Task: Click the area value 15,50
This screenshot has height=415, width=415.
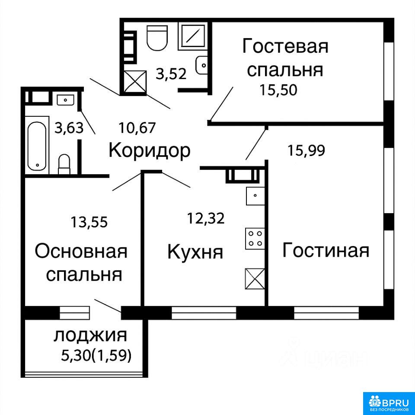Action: click(x=278, y=90)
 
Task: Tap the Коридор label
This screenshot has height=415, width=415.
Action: click(x=150, y=151)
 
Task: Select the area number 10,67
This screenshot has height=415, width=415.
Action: click(x=137, y=128)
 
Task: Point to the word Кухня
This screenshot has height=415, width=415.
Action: click(x=195, y=252)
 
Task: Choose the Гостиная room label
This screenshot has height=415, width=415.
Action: click(x=326, y=250)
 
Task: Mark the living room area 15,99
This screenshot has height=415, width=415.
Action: click(x=306, y=151)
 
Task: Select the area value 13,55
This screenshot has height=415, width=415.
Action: click(x=89, y=222)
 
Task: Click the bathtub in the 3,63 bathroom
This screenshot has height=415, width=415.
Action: click(x=37, y=146)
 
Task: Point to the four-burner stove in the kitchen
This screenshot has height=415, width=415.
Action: click(x=255, y=239)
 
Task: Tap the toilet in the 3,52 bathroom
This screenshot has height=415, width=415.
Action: click(x=157, y=38)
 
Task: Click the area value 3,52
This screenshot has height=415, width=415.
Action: click(x=171, y=74)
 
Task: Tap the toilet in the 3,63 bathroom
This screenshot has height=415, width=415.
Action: click(x=64, y=164)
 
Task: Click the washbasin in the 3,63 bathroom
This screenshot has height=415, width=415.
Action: click(x=65, y=99)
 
